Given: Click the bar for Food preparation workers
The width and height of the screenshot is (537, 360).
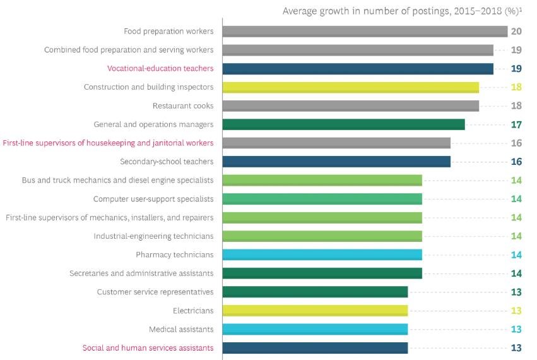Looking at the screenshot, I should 365,32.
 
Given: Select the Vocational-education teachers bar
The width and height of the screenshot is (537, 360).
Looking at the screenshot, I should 358,69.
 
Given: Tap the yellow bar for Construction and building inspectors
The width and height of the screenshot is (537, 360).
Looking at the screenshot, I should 350,87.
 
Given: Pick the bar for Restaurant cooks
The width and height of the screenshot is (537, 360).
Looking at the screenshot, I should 350,106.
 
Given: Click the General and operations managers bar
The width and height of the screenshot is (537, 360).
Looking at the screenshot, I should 343,124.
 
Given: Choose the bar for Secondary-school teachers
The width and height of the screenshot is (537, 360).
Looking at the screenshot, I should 336,162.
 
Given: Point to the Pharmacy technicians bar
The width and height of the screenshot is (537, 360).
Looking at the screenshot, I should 322,255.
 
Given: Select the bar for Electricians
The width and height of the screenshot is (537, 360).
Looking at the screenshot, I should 315,311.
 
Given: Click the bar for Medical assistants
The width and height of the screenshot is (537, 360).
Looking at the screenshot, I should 315,329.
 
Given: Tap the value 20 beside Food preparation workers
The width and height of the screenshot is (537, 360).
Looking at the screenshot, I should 516,32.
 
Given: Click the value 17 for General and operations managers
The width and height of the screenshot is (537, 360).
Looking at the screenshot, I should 516,124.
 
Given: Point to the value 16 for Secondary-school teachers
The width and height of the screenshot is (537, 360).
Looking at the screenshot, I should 516,162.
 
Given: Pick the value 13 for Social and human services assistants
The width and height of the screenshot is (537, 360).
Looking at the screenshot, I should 516,348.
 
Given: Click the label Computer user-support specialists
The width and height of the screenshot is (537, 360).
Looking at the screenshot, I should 153,199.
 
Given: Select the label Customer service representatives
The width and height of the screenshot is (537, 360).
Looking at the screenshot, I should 155,292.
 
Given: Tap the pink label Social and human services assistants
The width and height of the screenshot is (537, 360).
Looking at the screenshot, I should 148,348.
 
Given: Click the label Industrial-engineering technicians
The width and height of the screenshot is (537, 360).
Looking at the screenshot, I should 153,236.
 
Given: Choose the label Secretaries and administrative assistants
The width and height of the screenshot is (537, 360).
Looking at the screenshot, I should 141,273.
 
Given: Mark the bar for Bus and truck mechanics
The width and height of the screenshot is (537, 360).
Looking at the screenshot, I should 322,181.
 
